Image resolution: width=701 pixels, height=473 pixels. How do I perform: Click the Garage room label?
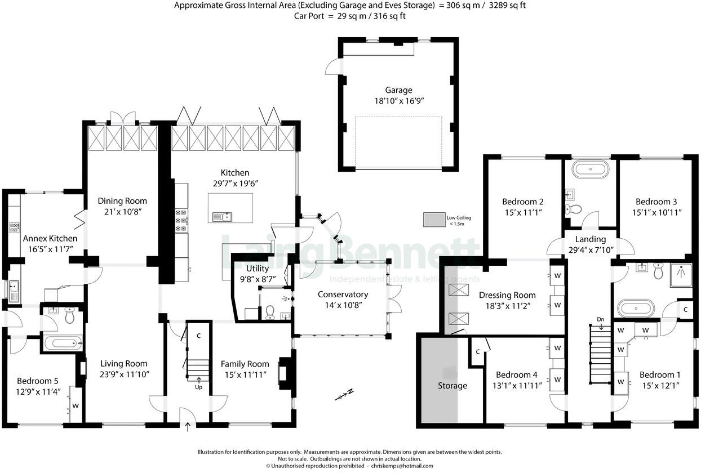pyautogui.click(x=398, y=90)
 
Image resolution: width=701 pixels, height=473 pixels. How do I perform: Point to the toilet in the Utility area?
pyautogui.click(x=270, y=312)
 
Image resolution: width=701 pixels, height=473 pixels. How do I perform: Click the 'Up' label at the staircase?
pyautogui.click(x=199, y=388)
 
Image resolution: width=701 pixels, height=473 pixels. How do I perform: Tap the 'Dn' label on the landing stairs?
pyautogui.click(x=601, y=320)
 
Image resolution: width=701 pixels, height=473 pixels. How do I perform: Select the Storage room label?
pyautogui.click(x=452, y=386)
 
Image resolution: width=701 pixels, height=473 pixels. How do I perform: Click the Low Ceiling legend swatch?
pyautogui.click(x=434, y=218)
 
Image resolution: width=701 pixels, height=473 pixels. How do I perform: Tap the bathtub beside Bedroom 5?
pyautogui.click(x=62, y=342)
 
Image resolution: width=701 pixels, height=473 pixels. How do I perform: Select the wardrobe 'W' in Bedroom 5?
pyautogui.click(x=76, y=405)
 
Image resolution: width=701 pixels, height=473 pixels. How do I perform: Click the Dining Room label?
pyautogui.click(x=122, y=201)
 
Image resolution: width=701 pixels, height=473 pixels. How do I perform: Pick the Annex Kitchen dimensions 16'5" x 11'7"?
pyautogui.click(x=50, y=249)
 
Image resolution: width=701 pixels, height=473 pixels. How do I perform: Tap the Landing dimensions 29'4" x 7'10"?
pyautogui.click(x=590, y=250)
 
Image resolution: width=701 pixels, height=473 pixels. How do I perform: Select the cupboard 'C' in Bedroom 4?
pyautogui.click(x=477, y=352)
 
